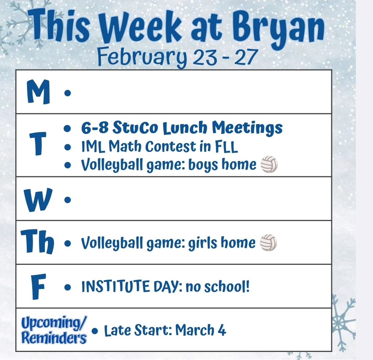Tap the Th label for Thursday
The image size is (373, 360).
(x=38, y=242)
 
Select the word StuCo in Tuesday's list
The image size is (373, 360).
(x=136, y=128)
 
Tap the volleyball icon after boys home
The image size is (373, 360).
(x=269, y=165)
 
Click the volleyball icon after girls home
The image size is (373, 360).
(x=268, y=242)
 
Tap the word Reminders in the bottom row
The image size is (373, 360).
(x=54, y=337)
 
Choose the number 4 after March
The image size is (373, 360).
(x=221, y=330)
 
